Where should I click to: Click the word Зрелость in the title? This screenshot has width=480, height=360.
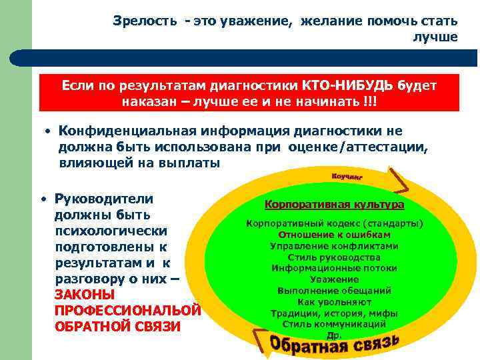click(145, 21)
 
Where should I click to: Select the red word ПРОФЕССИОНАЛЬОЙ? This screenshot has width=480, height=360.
click(127, 311)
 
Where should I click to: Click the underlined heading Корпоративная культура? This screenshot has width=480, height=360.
click(334, 205)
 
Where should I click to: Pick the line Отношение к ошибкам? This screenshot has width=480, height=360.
click(334, 235)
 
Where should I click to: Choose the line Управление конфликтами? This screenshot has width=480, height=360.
click(334, 246)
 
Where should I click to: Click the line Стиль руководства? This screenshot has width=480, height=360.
click(334, 257)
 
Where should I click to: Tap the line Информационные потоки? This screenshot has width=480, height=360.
click(334, 268)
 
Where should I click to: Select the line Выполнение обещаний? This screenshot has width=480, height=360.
click(334, 291)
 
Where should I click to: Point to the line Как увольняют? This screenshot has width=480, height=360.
click(334, 302)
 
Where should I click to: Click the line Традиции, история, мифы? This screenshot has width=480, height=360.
click(334, 313)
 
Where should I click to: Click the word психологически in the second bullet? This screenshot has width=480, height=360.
click(110, 231)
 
